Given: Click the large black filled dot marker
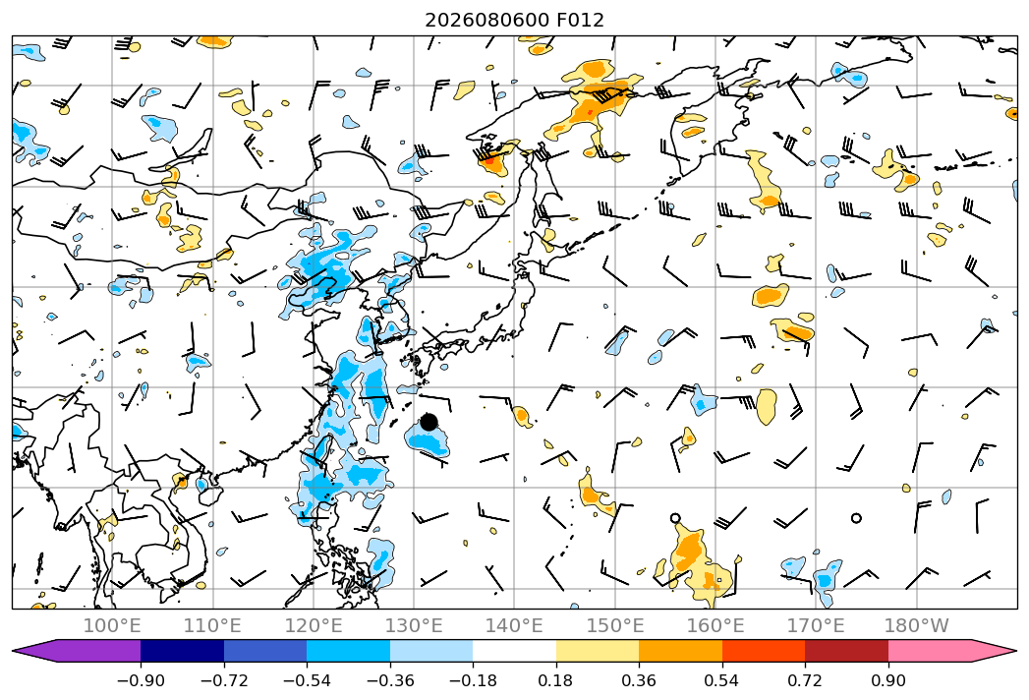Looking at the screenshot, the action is [x=429, y=422].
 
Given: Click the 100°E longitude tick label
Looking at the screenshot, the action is [x=112, y=625].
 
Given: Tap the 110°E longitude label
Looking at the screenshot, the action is [x=212, y=625].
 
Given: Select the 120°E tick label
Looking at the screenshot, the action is [x=314, y=625].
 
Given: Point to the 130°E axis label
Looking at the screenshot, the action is [x=414, y=625].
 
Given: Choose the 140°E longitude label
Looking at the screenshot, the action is [x=515, y=625].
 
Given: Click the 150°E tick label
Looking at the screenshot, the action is [x=615, y=625].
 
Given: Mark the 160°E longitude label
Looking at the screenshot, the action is [x=715, y=625].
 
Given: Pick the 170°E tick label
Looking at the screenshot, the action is [x=816, y=625].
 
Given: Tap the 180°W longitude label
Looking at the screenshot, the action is [x=917, y=625].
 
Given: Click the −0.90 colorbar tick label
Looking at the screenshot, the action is [x=141, y=680].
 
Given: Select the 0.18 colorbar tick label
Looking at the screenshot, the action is [x=556, y=680].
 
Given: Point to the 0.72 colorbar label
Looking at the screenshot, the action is [x=805, y=680].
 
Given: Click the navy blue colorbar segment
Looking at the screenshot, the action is [x=182, y=651].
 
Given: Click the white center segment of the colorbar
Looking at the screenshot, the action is [x=515, y=651].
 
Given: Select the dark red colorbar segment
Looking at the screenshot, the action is [x=846, y=651].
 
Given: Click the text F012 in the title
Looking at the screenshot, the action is [x=580, y=20].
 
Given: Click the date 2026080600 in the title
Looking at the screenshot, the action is [x=486, y=20].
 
